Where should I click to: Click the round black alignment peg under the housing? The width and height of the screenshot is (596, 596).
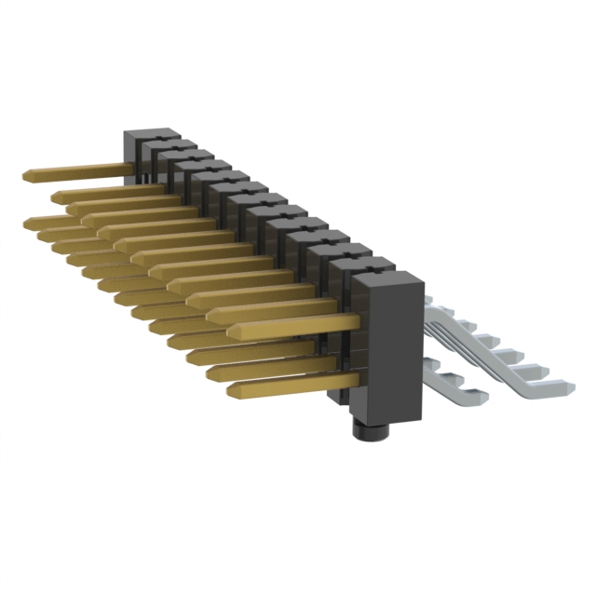pos(370,431)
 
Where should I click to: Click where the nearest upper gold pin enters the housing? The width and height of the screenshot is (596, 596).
pos(358,321)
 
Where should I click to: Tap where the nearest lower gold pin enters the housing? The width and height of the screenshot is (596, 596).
pos(358,381)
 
